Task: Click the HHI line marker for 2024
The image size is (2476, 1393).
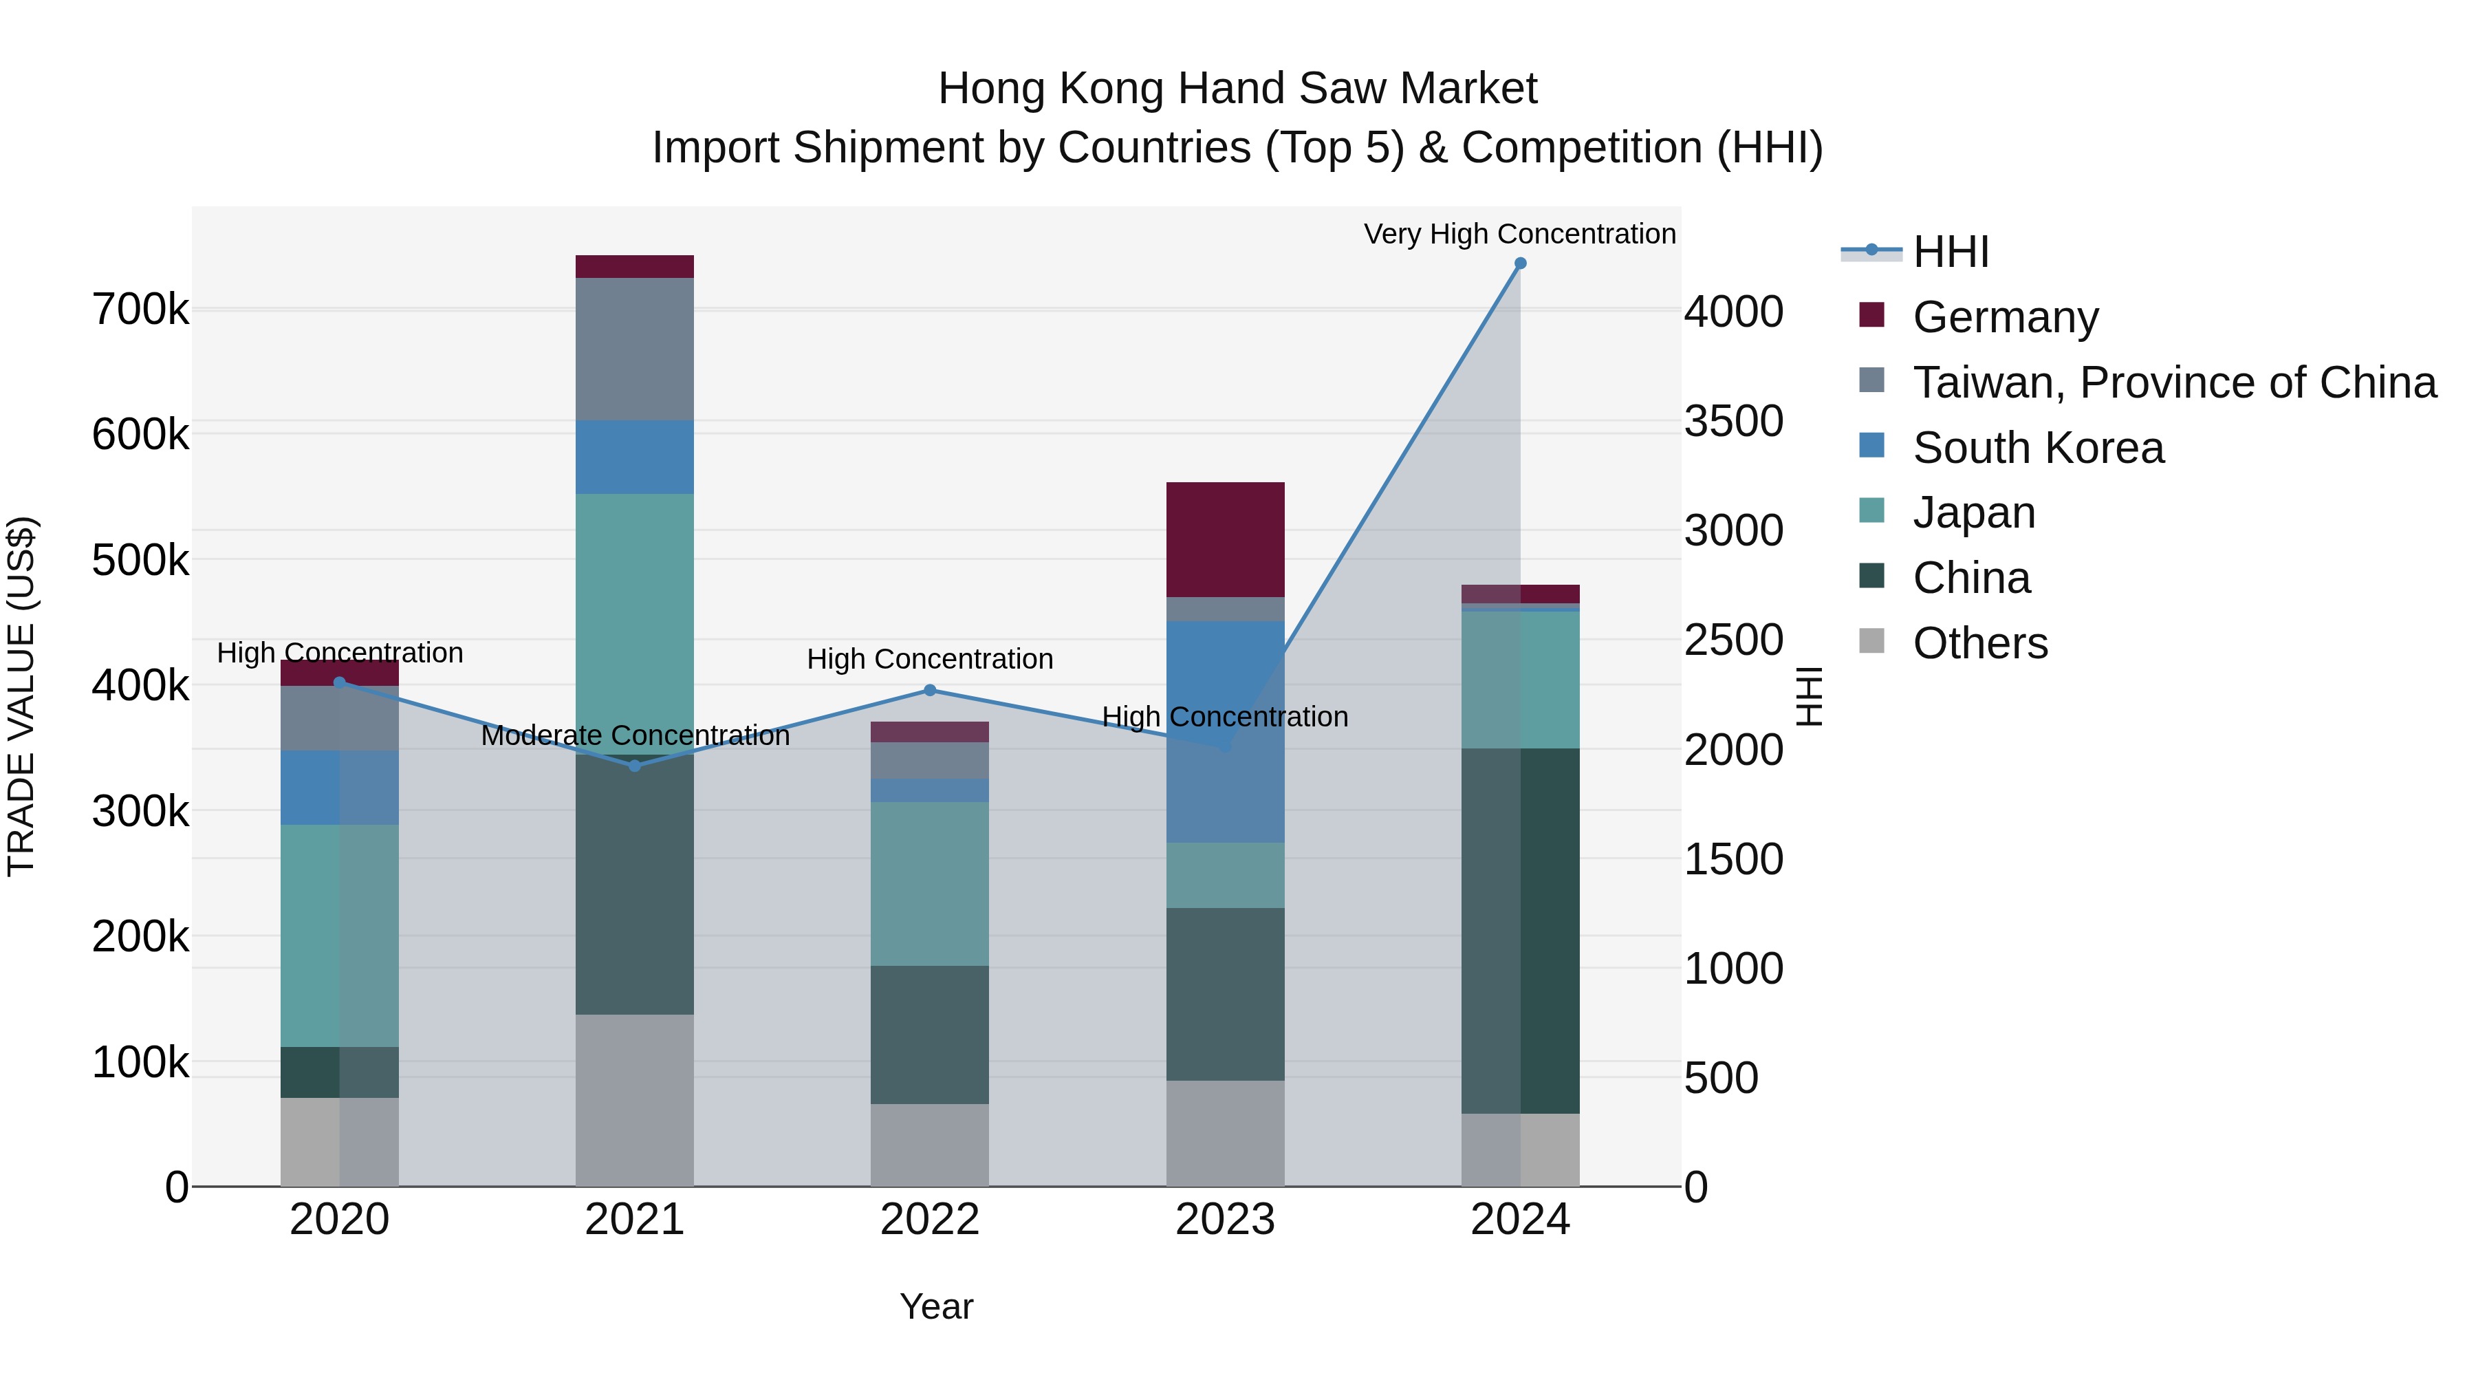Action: click(x=1519, y=263)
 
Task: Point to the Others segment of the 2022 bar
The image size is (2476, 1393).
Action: click(x=929, y=1144)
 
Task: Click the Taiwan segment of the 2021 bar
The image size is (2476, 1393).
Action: click(x=634, y=349)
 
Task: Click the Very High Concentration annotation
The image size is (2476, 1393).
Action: click(x=1519, y=234)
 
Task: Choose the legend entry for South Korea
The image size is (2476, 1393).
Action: click(x=2038, y=448)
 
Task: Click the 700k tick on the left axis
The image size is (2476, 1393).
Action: click(x=140, y=310)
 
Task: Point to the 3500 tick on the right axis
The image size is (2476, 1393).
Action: click(x=1733, y=421)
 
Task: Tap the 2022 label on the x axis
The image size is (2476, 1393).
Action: click(x=929, y=1220)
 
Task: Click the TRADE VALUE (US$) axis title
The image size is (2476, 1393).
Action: click(x=21, y=696)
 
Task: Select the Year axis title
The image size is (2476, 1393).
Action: click(x=936, y=1306)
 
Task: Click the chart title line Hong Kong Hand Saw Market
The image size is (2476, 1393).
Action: click(x=1237, y=89)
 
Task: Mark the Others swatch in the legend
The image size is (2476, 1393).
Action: click(x=1871, y=641)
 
